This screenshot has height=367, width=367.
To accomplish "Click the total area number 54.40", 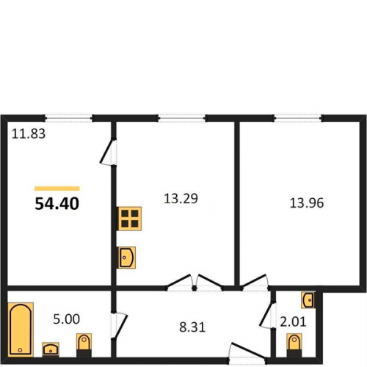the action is click(57, 203).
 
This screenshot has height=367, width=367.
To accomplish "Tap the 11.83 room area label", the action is click(29, 134).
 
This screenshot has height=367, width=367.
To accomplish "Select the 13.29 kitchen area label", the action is click(181, 198).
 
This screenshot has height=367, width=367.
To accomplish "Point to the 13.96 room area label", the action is click(307, 203).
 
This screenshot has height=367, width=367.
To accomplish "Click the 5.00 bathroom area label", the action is click(67, 319).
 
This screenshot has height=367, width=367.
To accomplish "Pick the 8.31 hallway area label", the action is click(192, 327).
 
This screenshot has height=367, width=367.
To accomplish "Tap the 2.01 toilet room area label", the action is click(293, 322).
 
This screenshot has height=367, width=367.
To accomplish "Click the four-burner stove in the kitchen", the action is click(130, 219).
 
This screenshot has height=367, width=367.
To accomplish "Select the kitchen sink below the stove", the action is click(127, 258).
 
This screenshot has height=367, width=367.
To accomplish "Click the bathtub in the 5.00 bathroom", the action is click(21, 330).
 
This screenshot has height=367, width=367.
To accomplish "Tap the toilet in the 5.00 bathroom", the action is click(84, 344).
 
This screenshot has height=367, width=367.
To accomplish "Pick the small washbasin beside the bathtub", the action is click(51, 349).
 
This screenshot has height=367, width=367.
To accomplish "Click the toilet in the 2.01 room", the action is click(294, 344).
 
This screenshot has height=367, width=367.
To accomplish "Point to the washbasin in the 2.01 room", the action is click(308, 299).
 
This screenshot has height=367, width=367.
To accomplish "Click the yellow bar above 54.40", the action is click(57, 189).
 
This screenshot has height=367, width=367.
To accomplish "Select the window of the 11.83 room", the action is click(68, 118).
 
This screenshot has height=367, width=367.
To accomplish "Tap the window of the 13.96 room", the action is click(298, 118).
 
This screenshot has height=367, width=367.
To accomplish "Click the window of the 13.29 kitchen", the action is click(181, 118).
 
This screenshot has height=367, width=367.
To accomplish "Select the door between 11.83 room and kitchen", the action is click(108, 152).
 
